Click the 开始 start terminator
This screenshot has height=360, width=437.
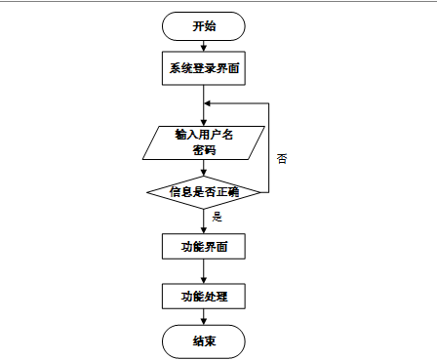coord(204,26)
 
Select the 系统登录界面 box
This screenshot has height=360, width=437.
coord(204,68)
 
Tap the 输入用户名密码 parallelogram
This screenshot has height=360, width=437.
coord(204,142)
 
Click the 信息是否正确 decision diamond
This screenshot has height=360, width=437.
coord(204,192)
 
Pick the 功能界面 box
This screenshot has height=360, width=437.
coord(204,246)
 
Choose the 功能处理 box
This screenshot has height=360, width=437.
coord(204,296)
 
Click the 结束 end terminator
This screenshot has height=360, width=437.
coord(204,341)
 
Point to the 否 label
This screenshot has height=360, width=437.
coord(282,159)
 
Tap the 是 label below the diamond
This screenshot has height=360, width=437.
coord(217,217)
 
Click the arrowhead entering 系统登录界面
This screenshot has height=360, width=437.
coord(204,48)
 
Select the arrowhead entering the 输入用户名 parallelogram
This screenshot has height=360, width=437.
coord(204,123)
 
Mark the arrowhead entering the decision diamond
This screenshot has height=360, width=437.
coord(204,173)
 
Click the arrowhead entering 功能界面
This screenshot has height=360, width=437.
coord(204,230)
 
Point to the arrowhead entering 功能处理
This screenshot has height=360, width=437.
coord(204,280)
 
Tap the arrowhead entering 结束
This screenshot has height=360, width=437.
coord(204,322)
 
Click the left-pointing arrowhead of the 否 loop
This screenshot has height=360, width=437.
coord(207,103)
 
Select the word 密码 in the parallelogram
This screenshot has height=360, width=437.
coord(204,150)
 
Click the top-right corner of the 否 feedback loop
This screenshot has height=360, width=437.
coord(268,103)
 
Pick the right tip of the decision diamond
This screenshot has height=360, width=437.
coord(260,192)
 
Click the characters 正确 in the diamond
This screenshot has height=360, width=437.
coord(227,192)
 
